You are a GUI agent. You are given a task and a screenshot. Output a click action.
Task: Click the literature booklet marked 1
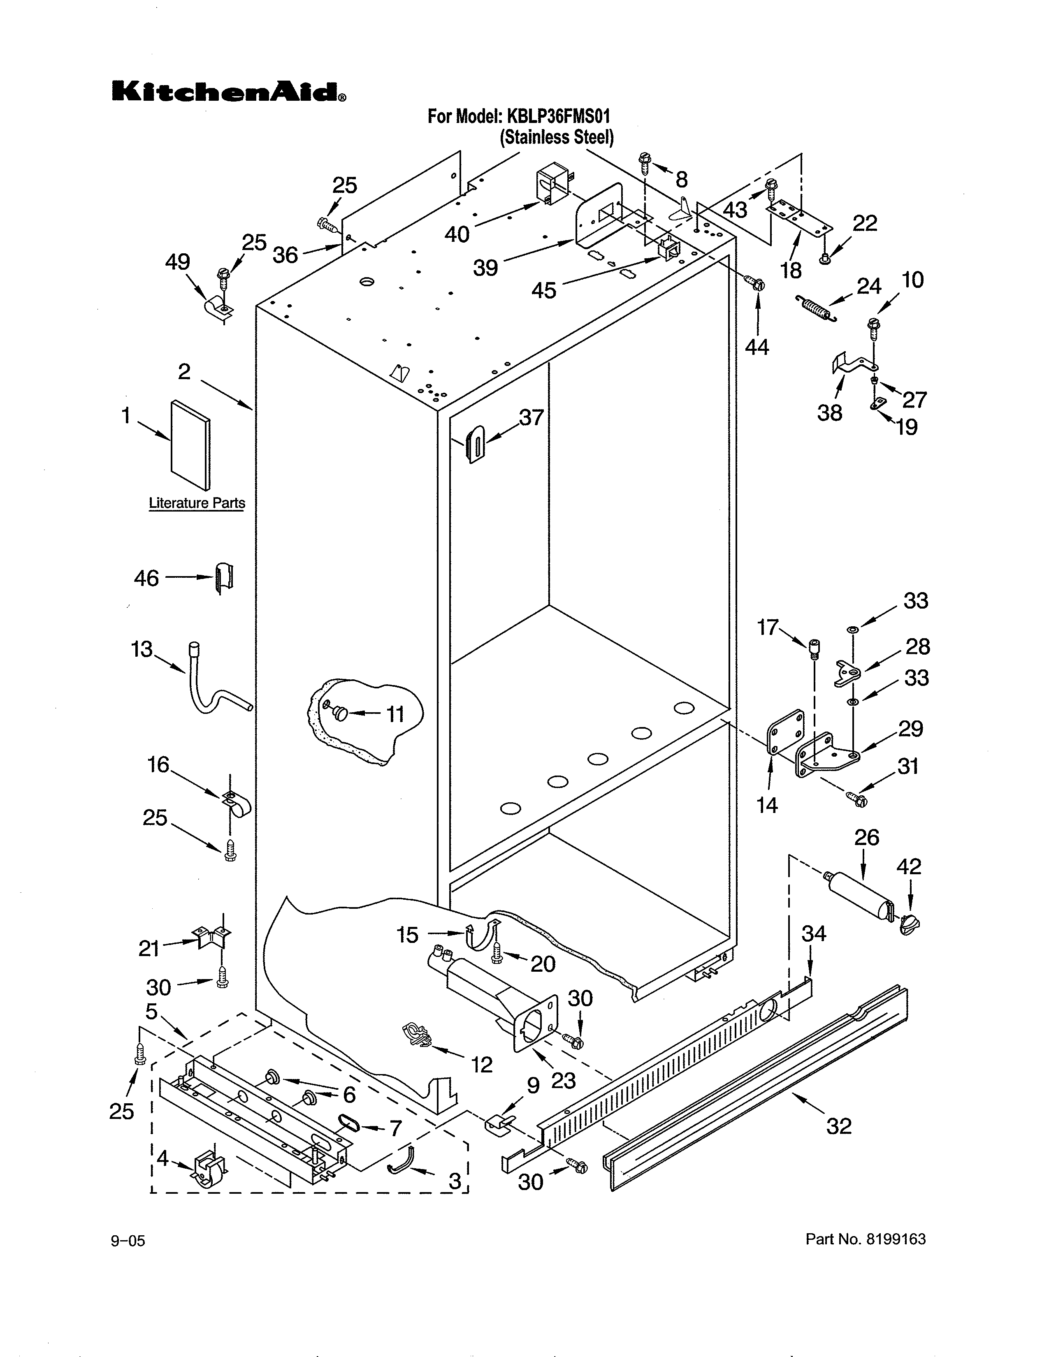pyautogui.click(x=191, y=444)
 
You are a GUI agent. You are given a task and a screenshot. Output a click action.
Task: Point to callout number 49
pyautogui.click(x=177, y=262)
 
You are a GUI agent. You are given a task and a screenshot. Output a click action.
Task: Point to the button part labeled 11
pyautogui.click(x=340, y=714)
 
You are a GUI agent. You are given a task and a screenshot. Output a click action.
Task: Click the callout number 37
pyautogui.click(x=531, y=417)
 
